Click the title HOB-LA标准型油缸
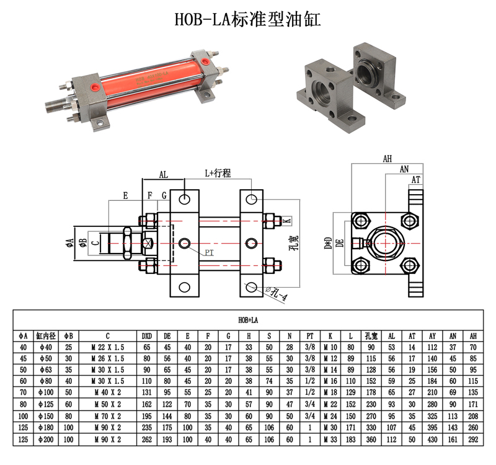tap(247, 19)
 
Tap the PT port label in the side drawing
tap(209, 252)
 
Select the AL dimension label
tap(163, 175)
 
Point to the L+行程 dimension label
tap(218, 174)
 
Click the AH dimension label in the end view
tap(387, 159)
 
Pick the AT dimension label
tap(415, 180)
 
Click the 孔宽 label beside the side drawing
tap(294, 242)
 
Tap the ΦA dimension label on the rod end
tap(70, 243)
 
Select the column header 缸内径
tap(46, 336)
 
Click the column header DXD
tap(147, 336)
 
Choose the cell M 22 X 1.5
tap(107, 347)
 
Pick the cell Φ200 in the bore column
tap(46, 440)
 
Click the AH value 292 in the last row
tap(473, 440)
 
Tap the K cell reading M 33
tap(330, 440)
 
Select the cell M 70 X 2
tap(107, 416)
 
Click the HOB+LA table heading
tap(248, 320)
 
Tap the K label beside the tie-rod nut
tap(287, 221)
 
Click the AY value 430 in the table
tap(432, 440)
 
